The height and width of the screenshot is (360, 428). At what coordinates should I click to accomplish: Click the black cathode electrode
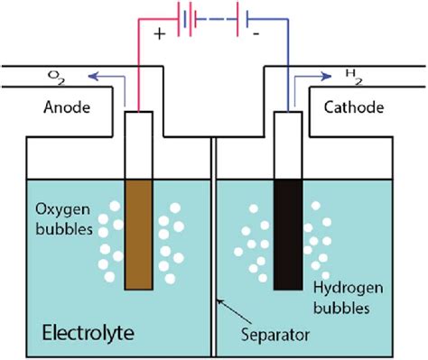coord(288,234)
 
